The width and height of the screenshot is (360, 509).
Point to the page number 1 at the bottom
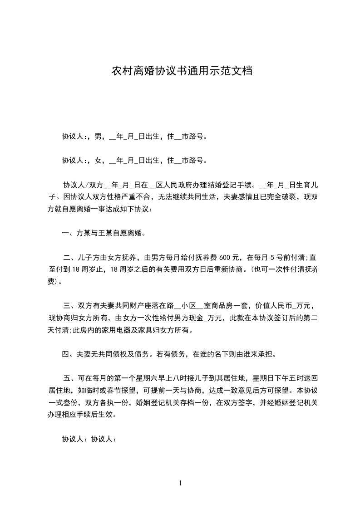click(180, 483)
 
